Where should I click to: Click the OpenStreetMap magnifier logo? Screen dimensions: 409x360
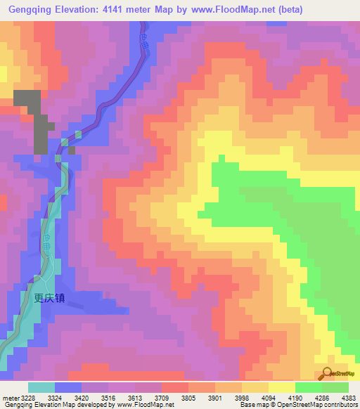(x=328, y=374)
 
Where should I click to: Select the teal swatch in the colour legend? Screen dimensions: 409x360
(x=41, y=387)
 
